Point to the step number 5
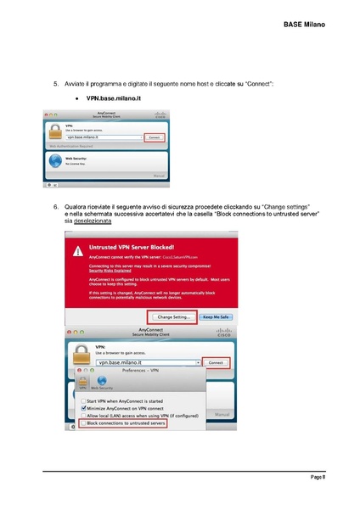(55, 84)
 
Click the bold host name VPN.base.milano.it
(113, 99)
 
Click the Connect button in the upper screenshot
(154, 137)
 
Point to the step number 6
(55, 206)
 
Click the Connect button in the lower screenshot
(217, 361)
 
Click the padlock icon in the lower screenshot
(82, 353)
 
